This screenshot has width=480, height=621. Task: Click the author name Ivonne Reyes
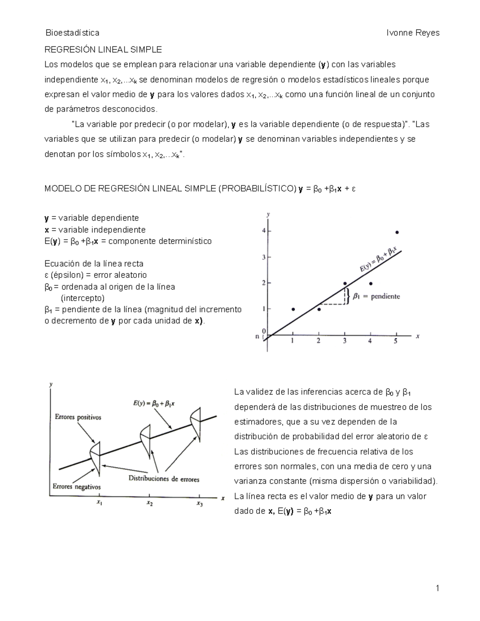click(x=413, y=33)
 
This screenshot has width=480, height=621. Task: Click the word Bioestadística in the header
click(x=72, y=33)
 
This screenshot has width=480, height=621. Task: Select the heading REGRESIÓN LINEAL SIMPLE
click(x=103, y=50)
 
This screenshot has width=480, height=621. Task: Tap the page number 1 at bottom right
click(x=438, y=588)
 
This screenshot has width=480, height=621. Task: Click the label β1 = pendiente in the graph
click(x=376, y=296)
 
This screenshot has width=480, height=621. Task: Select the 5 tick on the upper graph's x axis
click(x=396, y=341)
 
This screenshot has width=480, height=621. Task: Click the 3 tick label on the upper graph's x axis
click(x=344, y=341)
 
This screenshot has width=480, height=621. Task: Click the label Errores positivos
click(x=78, y=417)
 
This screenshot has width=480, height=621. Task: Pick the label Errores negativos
click(x=77, y=487)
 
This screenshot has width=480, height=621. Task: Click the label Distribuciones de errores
click(x=164, y=479)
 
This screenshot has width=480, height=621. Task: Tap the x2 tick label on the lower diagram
click(x=149, y=503)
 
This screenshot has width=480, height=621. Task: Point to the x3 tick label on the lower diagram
click(x=200, y=503)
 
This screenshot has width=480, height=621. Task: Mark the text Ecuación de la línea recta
click(x=94, y=264)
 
